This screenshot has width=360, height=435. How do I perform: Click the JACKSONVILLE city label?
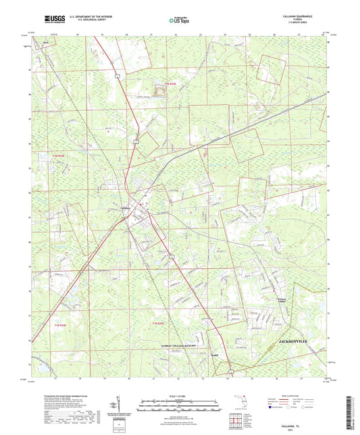point(297,342)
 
